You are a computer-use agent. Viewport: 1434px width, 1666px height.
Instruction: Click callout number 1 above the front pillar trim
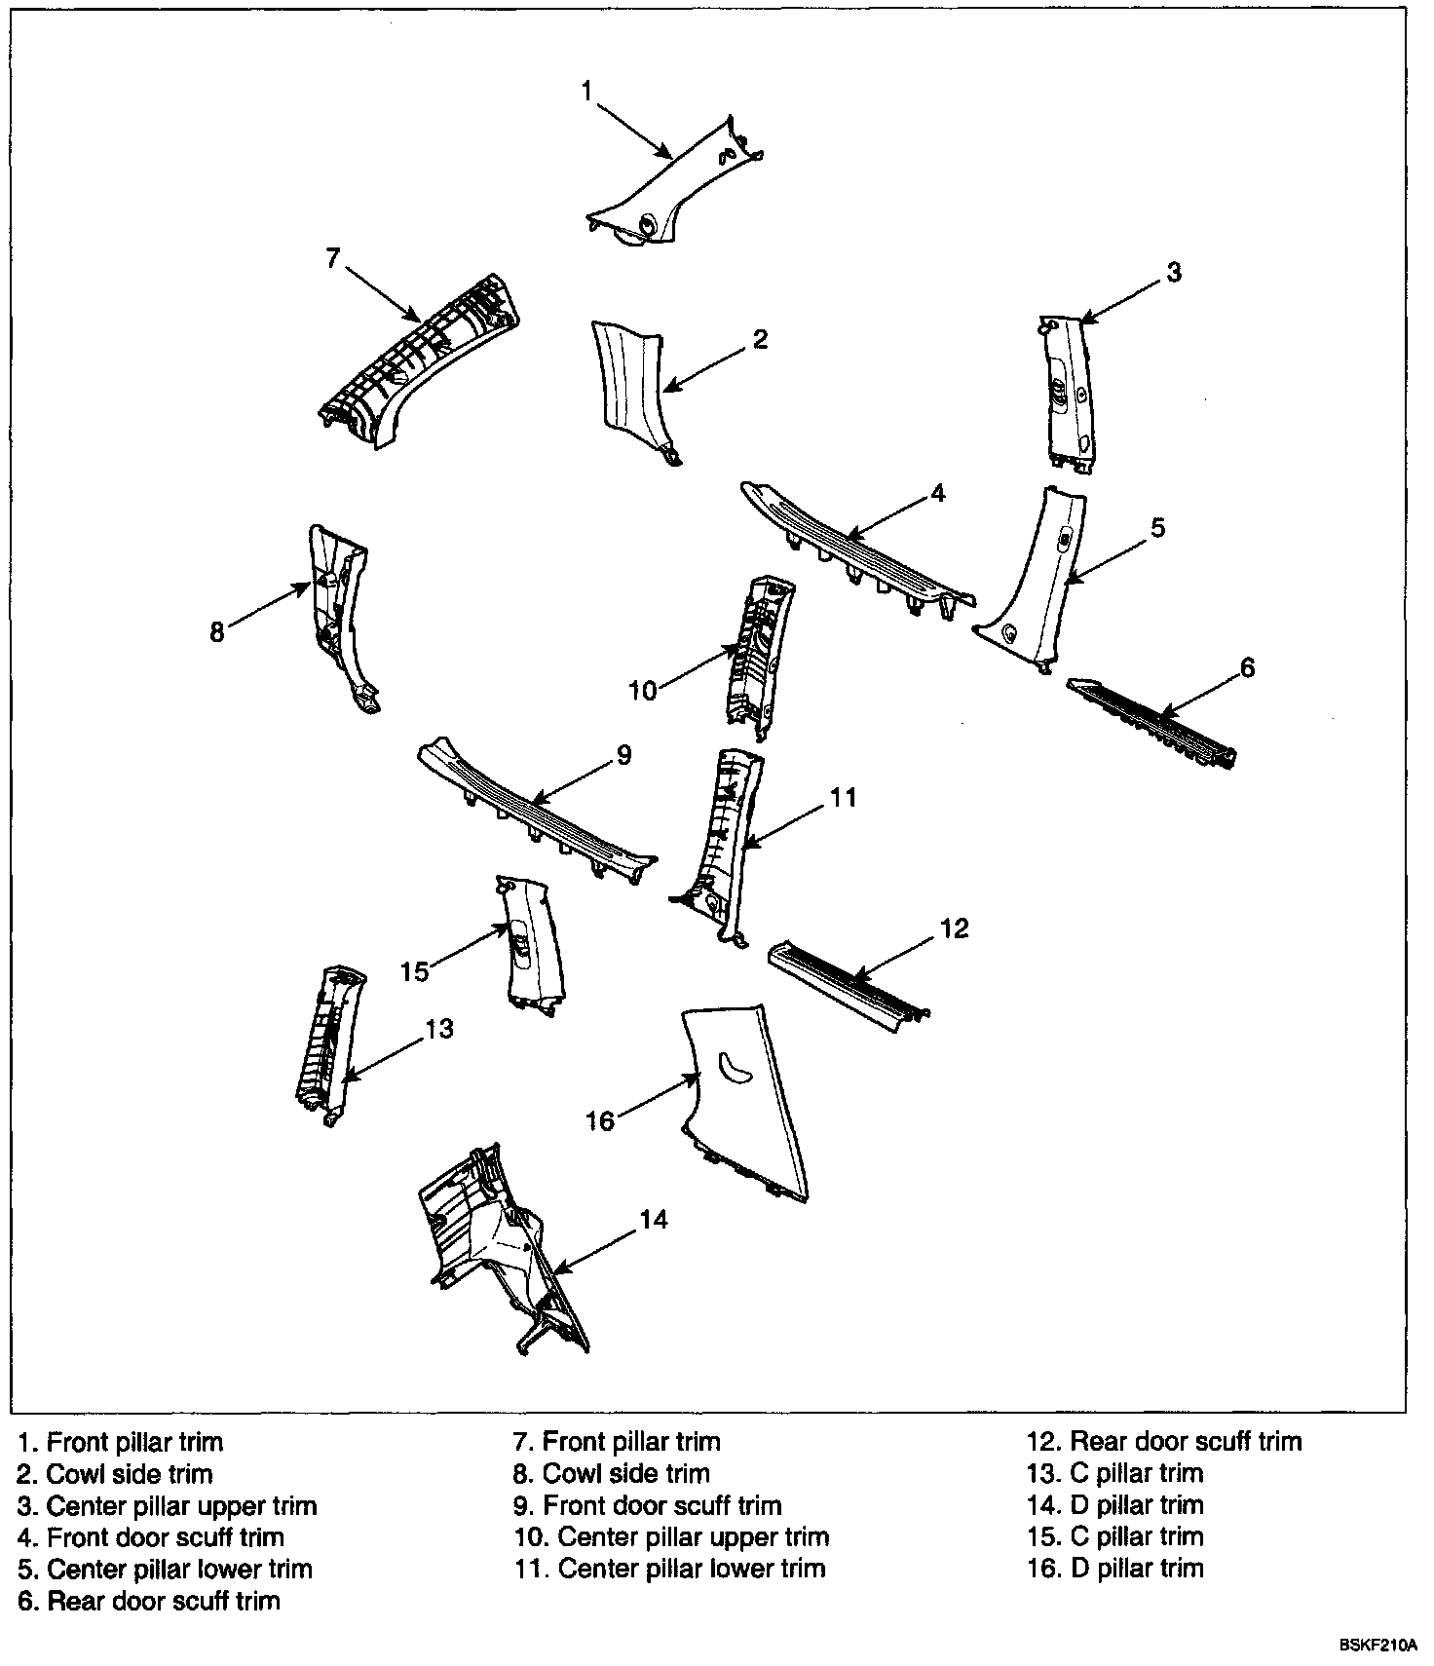pyautogui.click(x=586, y=92)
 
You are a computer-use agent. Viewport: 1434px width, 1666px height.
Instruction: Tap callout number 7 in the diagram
pyautogui.click(x=333, y=259)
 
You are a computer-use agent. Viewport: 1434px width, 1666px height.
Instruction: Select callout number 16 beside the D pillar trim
pyautogui.click(x=600, y=1121)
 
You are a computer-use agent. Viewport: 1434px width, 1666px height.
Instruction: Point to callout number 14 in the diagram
pyautogui.click(x=655, y=1219)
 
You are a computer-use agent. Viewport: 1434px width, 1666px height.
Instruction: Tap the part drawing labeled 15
pyautogui.click(x=532, y=947)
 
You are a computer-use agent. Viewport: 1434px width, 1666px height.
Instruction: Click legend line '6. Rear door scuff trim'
pyautogui.click(x=148, y=1600)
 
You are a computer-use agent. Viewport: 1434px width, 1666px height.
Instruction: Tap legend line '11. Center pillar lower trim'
pyautogui.click(x=670, y=1568)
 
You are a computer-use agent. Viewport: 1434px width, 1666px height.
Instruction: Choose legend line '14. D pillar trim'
pyautogui.click(x=1114, y=1504)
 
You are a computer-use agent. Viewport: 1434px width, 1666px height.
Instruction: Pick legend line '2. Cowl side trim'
pyautogui.click(x=115, y=1473)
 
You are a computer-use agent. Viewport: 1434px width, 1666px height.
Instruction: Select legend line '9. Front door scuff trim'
pyautogui.click(x=648, y=1505)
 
